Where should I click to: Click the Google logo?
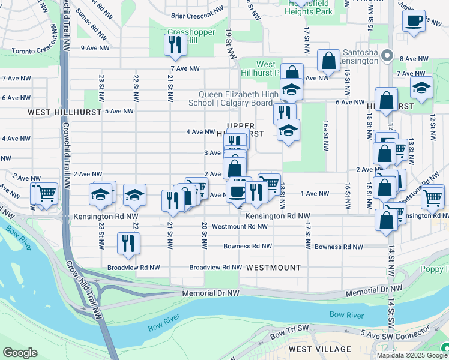[20, 353]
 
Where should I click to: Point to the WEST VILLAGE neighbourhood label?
[320, 349]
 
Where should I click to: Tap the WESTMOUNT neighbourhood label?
[273, 267]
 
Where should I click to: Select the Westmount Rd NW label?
[240, 226]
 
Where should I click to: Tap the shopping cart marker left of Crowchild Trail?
[45, 194]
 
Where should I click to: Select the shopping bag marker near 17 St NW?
[328, 61]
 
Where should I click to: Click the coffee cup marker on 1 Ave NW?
[237, 192]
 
